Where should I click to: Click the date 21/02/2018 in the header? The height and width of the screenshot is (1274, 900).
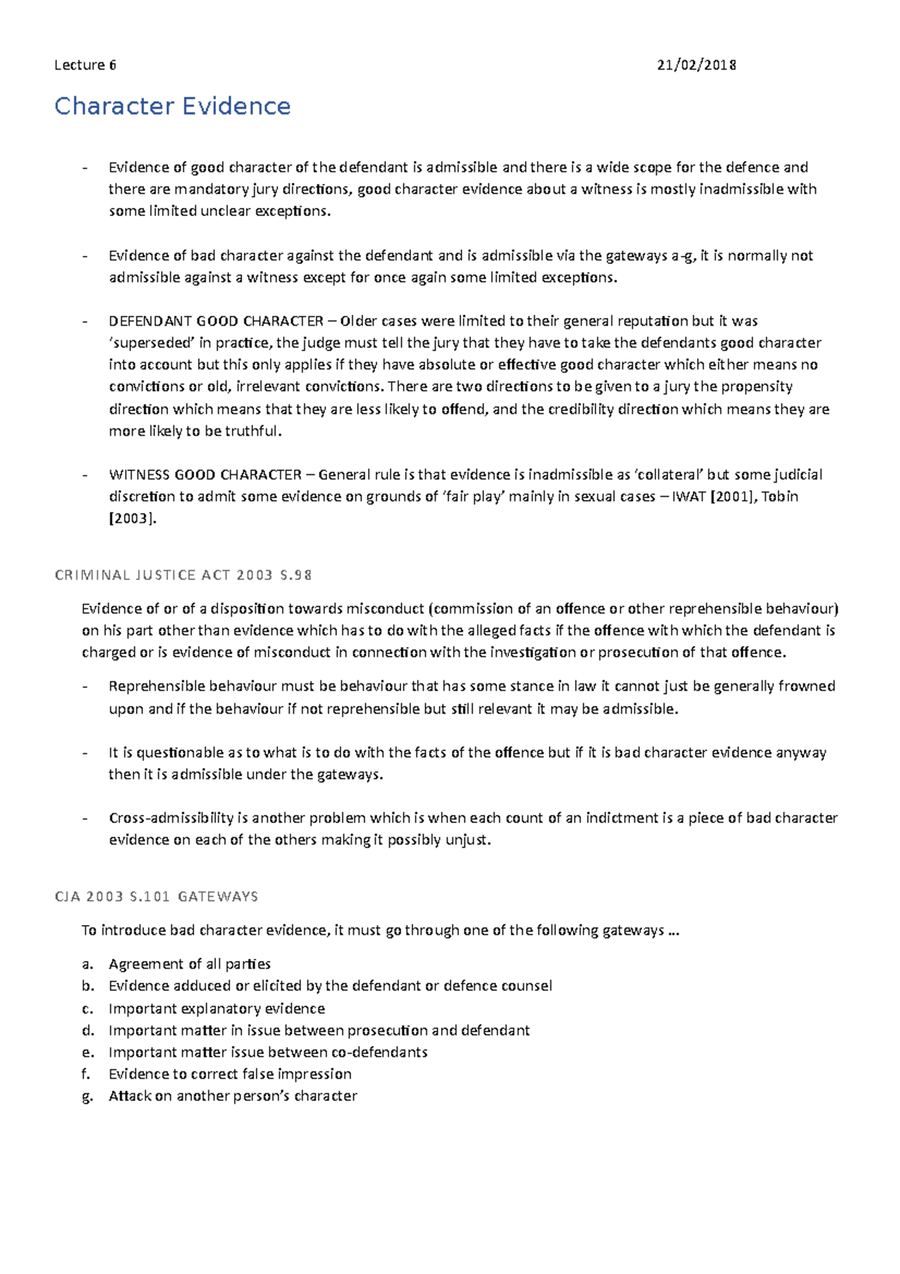pos(696,65)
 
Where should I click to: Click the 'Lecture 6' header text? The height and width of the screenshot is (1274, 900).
pos(85,65)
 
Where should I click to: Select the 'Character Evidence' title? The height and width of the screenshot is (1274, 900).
pos(172,106)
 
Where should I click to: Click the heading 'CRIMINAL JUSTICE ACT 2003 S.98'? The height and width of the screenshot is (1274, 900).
pos(183,575)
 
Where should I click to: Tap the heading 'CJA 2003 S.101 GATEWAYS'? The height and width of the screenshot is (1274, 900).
pos(156,897)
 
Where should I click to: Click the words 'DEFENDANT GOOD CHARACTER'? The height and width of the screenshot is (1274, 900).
pos(215,321)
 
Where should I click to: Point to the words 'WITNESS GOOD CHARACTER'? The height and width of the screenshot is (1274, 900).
pos(205,475)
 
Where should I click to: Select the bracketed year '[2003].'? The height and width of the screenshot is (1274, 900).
pos(133,518)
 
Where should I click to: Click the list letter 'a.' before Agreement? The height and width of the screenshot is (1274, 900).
pos(87,964)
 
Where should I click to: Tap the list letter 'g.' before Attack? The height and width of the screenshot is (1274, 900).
pos(87,1096)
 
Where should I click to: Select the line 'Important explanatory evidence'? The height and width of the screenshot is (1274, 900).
pos(216,1008)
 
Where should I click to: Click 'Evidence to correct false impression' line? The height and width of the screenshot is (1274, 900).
pos(229,1074)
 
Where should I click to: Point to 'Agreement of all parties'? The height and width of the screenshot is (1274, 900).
pos(189,964)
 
